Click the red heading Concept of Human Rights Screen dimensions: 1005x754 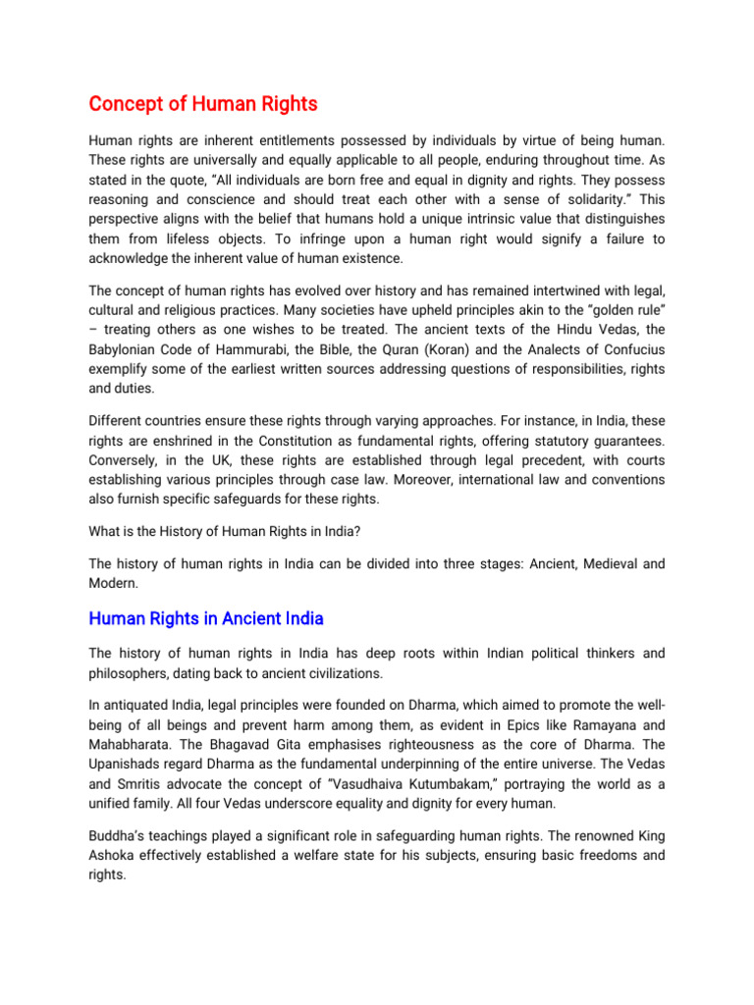click(203, 103)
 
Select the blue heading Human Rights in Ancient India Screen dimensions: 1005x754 click(206, 618)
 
